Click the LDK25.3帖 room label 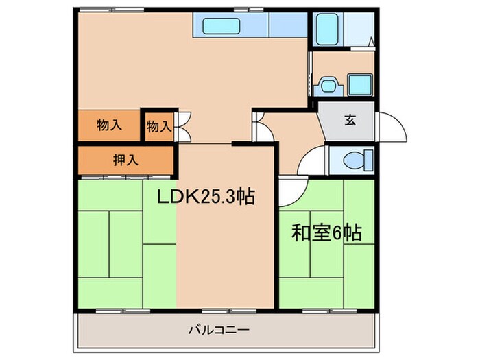coord(207,197)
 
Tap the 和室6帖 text coord(328,233)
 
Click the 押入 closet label coord(125,160)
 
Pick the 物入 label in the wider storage coord(110,125)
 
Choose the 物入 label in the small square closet coord(158,126)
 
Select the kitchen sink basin coord(221,27)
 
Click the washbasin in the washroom coord(327,86)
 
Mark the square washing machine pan coord(359,85)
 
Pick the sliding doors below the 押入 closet coord(123,176)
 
